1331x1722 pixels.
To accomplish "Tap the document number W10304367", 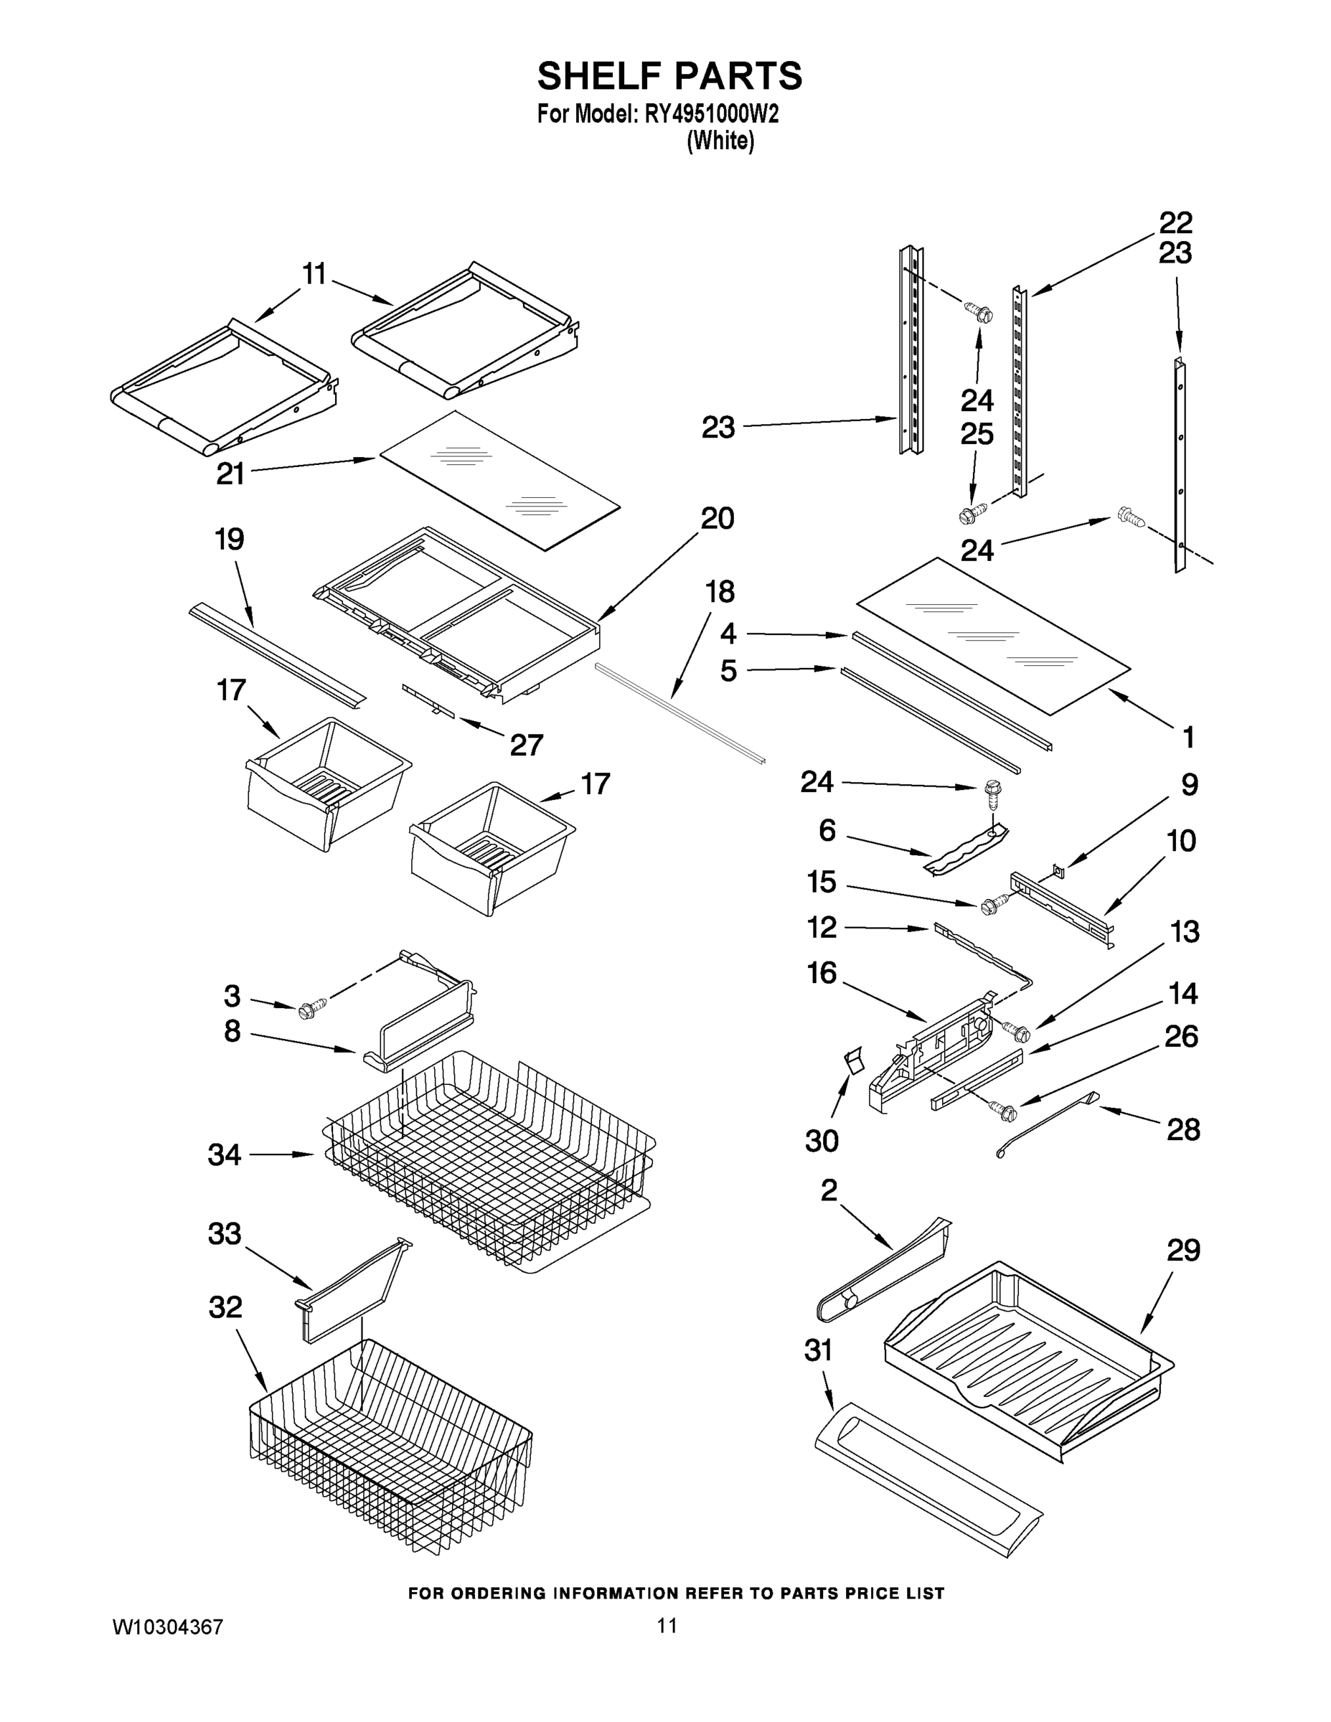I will [168, 1627].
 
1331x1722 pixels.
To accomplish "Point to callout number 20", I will [717, 518].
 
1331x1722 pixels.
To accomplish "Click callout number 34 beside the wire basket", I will [225, 1155].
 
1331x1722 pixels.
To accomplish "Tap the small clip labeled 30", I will [853, 1060].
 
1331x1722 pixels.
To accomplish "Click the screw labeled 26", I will [1006, 1113].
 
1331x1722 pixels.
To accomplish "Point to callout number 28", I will [1182, 1129].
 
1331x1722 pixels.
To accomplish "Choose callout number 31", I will [819, 1350].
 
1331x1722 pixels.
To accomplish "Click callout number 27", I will [526, 744].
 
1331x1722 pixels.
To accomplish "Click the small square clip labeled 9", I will [1058, 870].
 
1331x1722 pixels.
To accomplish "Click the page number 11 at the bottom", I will [667, 1626].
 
